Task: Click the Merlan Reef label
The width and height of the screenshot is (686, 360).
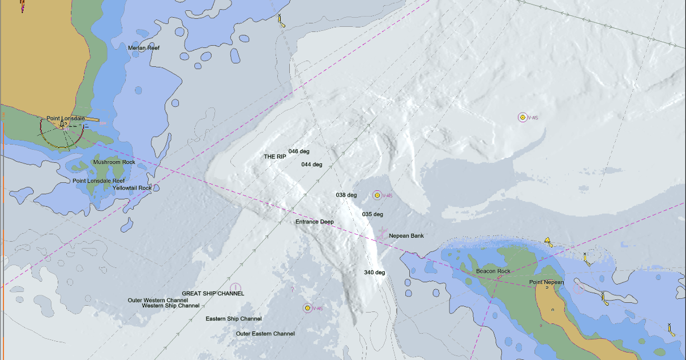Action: [x=143, y=48]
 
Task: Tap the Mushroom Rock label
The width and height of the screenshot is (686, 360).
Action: [x=114, y=162]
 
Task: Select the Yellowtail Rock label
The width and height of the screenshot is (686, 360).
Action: [x=132, y=188]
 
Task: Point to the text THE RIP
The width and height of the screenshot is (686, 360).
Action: [x=274, y=157]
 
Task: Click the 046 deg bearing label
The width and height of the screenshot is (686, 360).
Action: [x=299, y=151]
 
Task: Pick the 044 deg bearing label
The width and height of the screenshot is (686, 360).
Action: [x=312, y=165]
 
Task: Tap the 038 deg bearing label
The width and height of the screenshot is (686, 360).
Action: [x=346, y=195]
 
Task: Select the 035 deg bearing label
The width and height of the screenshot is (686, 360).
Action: [x=372, y=214]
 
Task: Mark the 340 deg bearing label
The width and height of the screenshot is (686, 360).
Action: [x=374, y=273]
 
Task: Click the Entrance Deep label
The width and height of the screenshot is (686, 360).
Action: [x=314, y=222]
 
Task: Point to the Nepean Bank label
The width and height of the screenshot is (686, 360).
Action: [x=406, y=235]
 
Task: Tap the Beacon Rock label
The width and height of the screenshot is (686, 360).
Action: [x=493, y=271]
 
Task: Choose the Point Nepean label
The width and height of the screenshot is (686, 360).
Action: [x=546, y=282]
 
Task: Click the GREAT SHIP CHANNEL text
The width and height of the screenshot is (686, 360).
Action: [x=213, y=293]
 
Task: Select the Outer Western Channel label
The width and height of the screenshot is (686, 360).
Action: [x=158, y=300]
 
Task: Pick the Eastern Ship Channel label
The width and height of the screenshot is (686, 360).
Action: [x=234, y=318]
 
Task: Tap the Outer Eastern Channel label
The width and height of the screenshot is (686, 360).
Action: [x=265, y=334]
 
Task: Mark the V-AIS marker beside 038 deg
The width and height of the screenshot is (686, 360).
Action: [x=377, y=195]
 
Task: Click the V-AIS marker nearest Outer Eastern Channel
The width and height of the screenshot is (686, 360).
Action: [x=307, y=308]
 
